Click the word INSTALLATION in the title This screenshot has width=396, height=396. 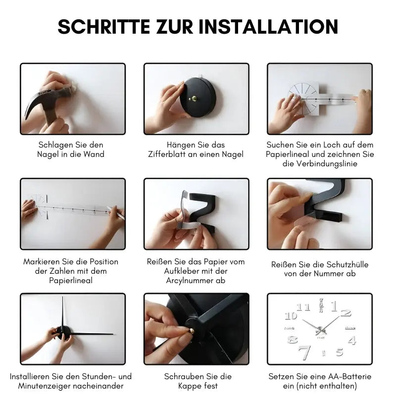click(269, 26)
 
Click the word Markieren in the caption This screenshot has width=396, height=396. click(43, 261)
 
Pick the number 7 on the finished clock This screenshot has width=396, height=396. click(304, 352)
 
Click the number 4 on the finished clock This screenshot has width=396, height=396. click(352, 340)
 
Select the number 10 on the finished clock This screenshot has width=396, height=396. click(291, 316)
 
